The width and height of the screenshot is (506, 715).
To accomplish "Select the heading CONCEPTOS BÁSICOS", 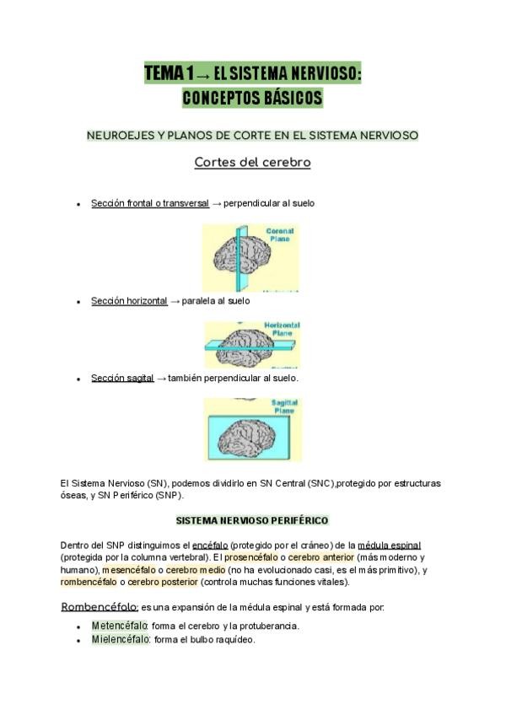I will (252, 99).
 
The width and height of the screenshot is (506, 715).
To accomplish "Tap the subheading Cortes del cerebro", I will (252, 162).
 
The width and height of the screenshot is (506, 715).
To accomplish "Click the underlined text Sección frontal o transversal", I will (149, 204).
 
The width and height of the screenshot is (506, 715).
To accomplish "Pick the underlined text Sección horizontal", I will (129, 301).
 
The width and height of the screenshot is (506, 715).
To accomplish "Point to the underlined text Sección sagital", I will (122, 379).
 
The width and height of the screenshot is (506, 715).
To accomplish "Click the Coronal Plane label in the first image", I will (280, 234).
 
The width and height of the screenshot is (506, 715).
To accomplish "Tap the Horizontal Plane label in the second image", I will (283, 329).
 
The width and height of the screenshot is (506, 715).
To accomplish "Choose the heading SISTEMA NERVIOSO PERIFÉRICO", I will (252, 521).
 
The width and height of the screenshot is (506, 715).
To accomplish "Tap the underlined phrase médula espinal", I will (389, 545).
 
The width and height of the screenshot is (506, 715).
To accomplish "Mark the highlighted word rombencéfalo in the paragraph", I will (89, 582).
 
